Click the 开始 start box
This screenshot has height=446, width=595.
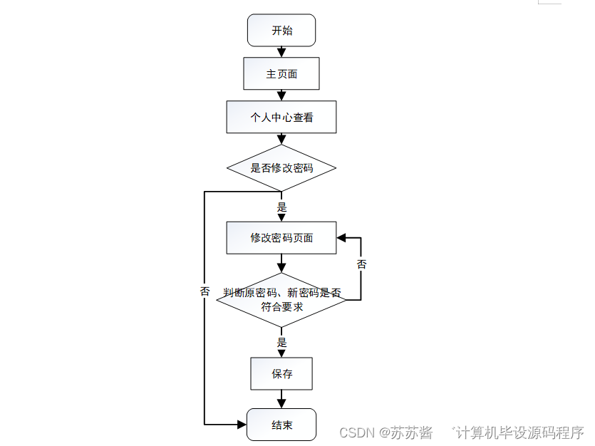[x=281, y=31]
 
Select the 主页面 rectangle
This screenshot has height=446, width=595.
[x=281, y=74]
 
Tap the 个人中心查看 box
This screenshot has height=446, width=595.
[x=281, y=118]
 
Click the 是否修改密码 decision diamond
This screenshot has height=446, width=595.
[x=281, y=168]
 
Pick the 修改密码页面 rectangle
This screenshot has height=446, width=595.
[x=281, y=238]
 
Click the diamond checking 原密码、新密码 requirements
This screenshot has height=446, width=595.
[x=281, y=300]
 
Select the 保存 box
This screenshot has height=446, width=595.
[x=281, y=374]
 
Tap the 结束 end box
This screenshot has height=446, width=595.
[x=281, y=425]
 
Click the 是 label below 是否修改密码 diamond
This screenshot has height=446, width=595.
[x=281, y=207]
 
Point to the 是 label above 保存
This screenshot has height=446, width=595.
[x=281, y=343]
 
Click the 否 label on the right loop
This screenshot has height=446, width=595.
[x=361, y=265]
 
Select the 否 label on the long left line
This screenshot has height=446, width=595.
[x=205, y=291]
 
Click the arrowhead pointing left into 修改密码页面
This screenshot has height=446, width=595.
[x=341, y=237]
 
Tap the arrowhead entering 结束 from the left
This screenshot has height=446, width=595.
[x=242, y=425]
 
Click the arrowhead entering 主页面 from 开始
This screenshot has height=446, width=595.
[x=281, y=54]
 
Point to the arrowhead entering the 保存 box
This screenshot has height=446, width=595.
[x=281, y=353]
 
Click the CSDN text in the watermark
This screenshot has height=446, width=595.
[x=356, y=432]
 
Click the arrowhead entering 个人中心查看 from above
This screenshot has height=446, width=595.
[x=281, y=96]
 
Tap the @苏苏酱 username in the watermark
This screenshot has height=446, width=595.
[x=405, y=432]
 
